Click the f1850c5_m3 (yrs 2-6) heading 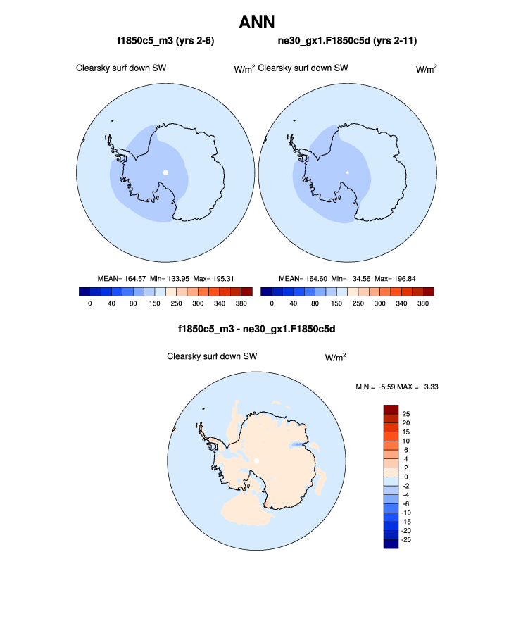[165, 42]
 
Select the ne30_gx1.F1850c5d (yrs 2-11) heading [348, 42]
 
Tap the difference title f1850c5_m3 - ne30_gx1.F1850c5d [257, 329]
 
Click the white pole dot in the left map [165, 172]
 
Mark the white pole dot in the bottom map [257, 460]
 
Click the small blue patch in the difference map [298, 445]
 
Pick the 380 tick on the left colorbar [245, 304]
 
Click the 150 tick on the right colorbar [336, 304]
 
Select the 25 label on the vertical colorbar [406, 414]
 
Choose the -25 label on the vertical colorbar [408, 539]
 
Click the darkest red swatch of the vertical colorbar [391, 409]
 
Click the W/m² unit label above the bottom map [335, 357]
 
